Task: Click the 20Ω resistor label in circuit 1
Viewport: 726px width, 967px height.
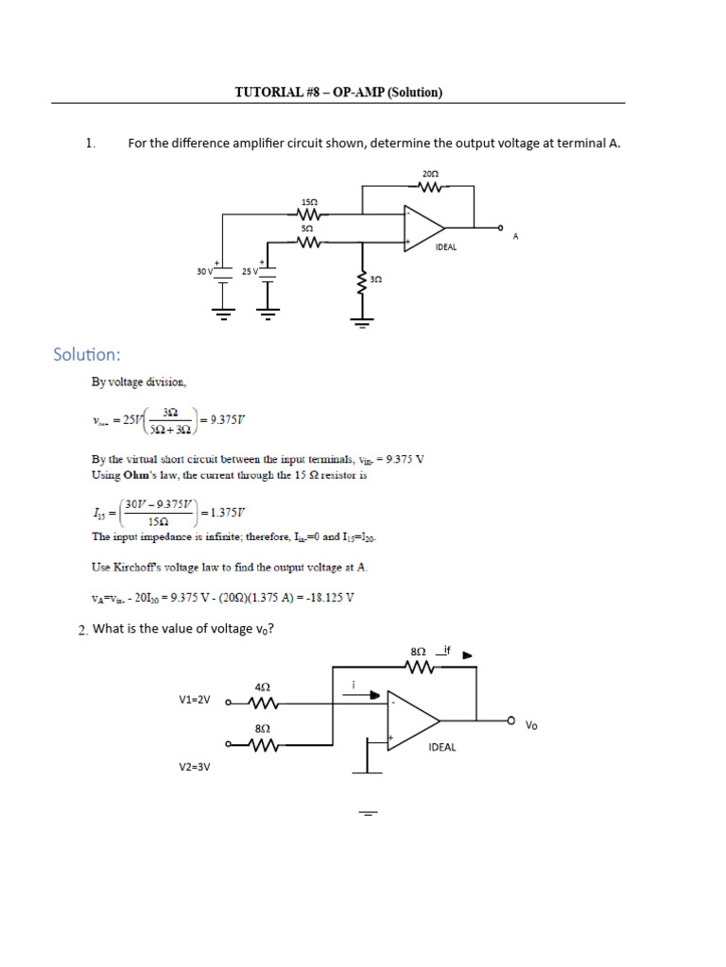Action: point(430,174)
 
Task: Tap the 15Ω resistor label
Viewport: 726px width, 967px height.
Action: point(309,202)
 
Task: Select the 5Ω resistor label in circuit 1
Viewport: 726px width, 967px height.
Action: point(307,229)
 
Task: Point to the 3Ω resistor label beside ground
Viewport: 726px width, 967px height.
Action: point(375,280)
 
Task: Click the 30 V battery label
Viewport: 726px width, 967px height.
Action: point(205,271)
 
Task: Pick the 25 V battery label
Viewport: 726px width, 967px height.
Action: point(250,271)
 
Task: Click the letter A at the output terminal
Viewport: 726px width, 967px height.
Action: point(516,236)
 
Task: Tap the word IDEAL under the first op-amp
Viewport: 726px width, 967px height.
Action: point(446,247)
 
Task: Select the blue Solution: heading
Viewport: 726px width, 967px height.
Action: point(87,355)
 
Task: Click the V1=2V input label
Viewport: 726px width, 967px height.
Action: point(195,700)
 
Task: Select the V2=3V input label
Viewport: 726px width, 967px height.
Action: point(195,768)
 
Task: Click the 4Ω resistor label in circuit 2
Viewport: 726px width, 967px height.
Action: point(263,687)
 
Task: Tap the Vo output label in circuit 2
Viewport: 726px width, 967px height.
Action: point(531,725)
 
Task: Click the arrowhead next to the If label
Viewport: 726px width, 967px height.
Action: point(467,653)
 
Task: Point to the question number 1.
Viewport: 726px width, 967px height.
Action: point(91,144)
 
